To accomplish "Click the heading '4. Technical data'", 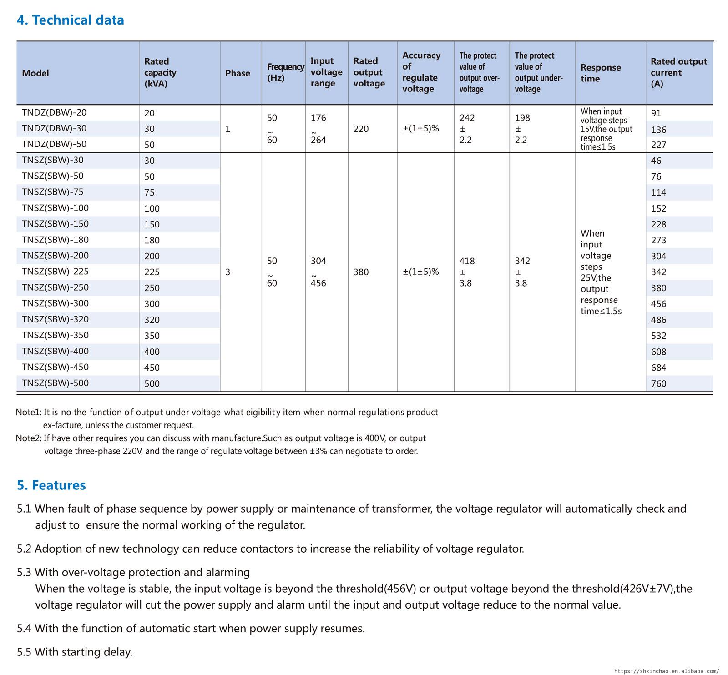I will (70, 20).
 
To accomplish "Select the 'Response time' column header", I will (601, 73).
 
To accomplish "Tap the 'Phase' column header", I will (238, 73).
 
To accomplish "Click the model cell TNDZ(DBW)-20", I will (54, 112).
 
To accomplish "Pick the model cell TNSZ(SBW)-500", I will (55, 383).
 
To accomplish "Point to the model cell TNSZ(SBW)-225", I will (55, 272).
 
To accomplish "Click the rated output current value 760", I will (658, 383).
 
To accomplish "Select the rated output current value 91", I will (656, 113).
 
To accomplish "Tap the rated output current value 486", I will (658, 320).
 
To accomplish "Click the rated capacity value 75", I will (149, 192).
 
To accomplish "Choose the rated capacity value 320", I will (152, 320).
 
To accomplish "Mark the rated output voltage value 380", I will (361, 272).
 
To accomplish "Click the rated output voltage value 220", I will (361, 129).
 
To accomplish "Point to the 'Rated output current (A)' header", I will (678, 73).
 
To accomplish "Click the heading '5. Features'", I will (51, 485).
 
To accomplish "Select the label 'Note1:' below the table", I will (29, 413).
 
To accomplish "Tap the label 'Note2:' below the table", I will (29, 438).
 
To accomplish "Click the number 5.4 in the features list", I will (24, 629).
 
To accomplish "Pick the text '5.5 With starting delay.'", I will (75, 652).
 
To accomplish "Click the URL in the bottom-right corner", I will (667, 671).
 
